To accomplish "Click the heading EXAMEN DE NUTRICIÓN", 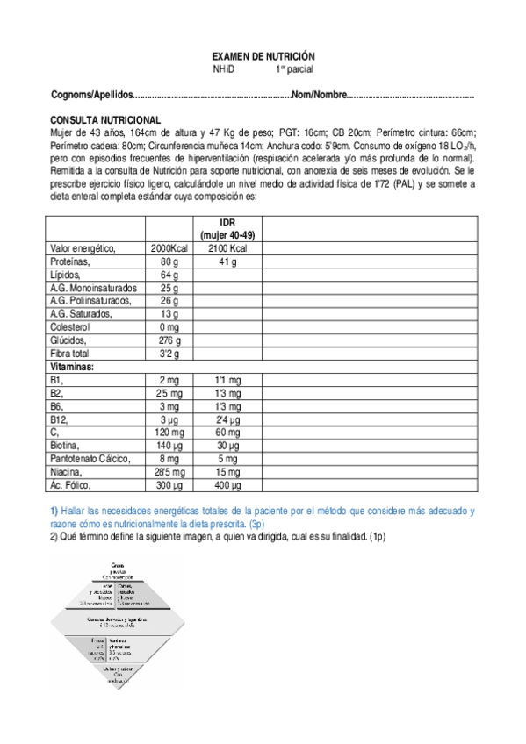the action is click(264, 54).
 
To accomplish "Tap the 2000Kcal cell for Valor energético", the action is click(169, 249).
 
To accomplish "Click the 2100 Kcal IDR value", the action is click(228, 249).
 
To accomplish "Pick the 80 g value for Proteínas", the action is click(169, 261).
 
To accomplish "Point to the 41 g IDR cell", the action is click(228, 261).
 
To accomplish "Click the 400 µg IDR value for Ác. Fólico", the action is click(227, 484).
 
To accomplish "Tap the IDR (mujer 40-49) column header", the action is click(227, 229).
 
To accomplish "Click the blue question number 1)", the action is click(54, 511).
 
